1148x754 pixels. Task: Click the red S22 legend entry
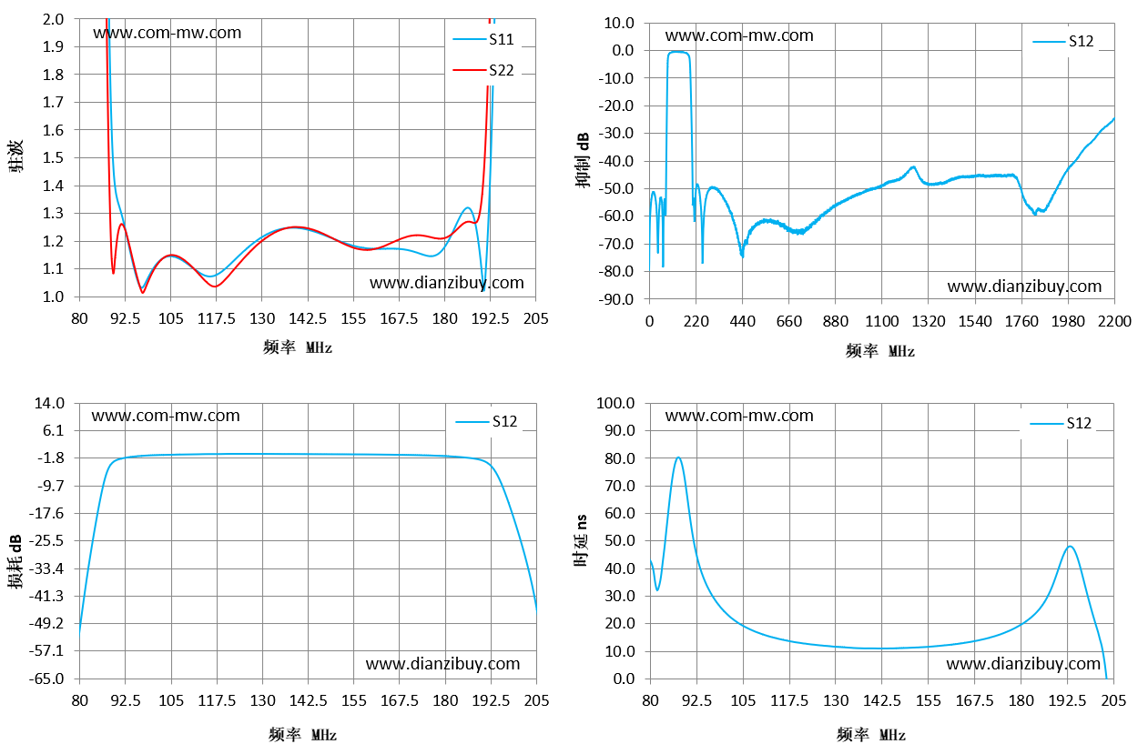coord(483,70)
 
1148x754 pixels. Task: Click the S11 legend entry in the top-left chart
coord(483,39)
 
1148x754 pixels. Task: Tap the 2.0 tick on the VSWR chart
coord(53,19)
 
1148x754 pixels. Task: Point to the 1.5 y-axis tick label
coord(53,157)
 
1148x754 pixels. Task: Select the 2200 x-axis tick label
coord(1114,321)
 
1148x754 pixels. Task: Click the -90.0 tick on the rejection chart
coord(616,299)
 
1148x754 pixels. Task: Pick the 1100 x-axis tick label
coord(882,321)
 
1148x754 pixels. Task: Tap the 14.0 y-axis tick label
coord(50,403)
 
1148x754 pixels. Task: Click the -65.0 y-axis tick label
coord(46,679)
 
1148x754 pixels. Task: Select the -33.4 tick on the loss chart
coord(46,568)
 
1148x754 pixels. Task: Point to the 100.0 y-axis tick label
coord(615,403)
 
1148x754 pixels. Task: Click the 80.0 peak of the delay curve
coord(678,457)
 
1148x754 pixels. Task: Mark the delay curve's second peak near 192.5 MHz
coord(1070,547)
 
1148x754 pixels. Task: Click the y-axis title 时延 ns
coord(581,540)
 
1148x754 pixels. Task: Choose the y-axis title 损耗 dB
coord(15,561)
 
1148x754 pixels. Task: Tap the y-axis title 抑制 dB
coord(583,160)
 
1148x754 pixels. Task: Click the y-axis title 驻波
coord(15,156)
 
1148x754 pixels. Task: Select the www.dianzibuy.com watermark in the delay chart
coord(1023,664)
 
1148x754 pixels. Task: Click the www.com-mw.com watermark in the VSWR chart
coord(168,33)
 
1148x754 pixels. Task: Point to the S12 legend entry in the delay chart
coord(1061,423)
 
